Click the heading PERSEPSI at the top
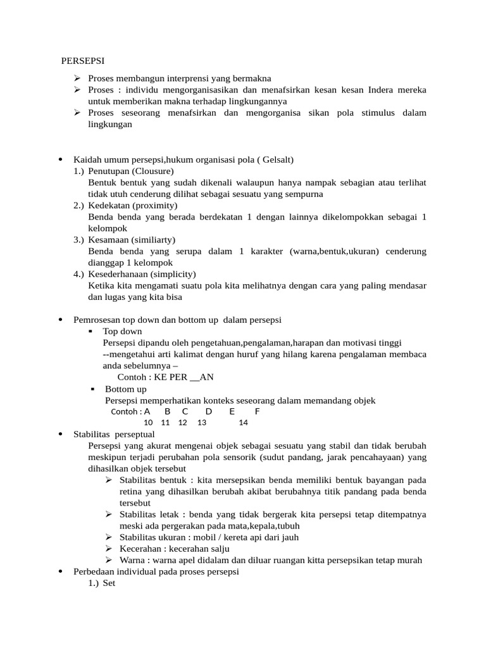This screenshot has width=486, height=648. coord(83,61)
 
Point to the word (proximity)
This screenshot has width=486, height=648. coord(156,206)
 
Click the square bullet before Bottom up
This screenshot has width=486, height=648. coord(93,389)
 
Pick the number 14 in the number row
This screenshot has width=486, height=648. coord(244,423)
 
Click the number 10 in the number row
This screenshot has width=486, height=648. coord(148,423)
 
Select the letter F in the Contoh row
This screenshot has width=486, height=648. coord(257,411)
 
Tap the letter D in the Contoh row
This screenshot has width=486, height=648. coord(209,411)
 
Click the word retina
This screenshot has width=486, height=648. coord(132,492)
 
